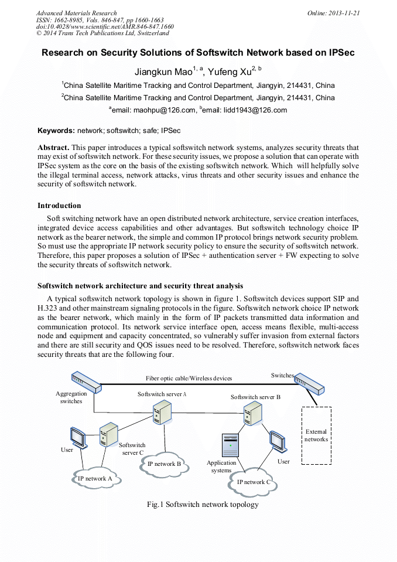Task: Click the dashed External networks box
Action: pyautogui.click(x=316, y=435)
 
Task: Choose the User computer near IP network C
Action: pyautogui.click(x=277, y=441)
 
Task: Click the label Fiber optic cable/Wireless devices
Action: pyautogui.click(x=189, y=379)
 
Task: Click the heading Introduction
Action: pyautogui.click(x=59, y=206)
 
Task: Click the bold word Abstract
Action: pyautogui.click(x=53, y=148)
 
